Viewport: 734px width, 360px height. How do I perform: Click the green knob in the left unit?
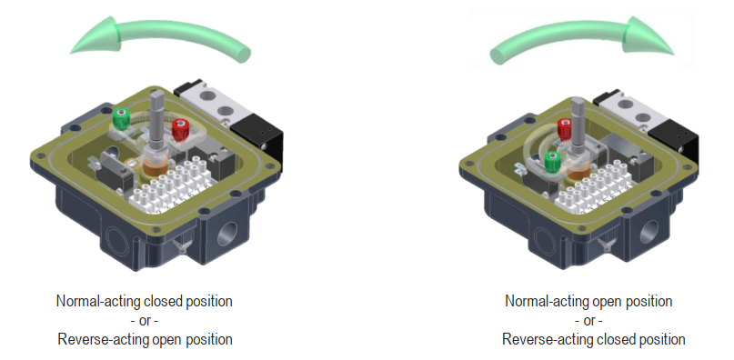121,119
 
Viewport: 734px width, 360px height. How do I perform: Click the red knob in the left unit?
179,129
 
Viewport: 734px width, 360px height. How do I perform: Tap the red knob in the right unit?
565,128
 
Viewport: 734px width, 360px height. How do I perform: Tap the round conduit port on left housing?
228,233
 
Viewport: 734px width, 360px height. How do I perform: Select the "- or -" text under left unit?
145,320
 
